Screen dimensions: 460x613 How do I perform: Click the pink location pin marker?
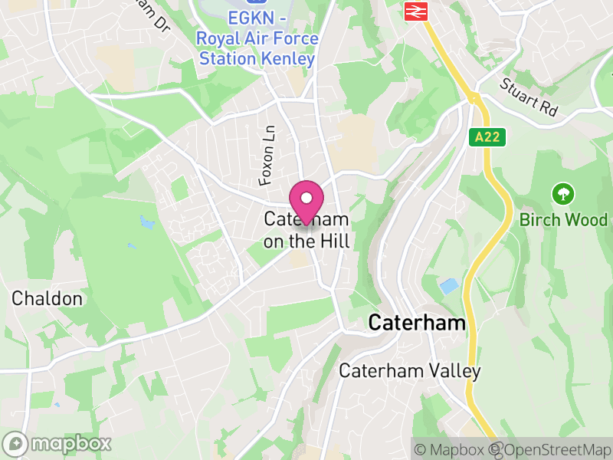(x=306, y=202)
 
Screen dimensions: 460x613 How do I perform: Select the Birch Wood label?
(x=563, y=220)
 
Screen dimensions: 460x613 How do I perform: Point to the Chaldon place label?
(x=47, y=298)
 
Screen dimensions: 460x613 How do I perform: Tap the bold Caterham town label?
(x=417, y=323)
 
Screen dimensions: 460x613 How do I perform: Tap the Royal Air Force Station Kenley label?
(x=257, y=48)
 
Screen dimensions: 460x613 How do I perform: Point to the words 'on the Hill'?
(x=306, y=242)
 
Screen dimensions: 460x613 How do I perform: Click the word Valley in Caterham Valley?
(x=455, y=371)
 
